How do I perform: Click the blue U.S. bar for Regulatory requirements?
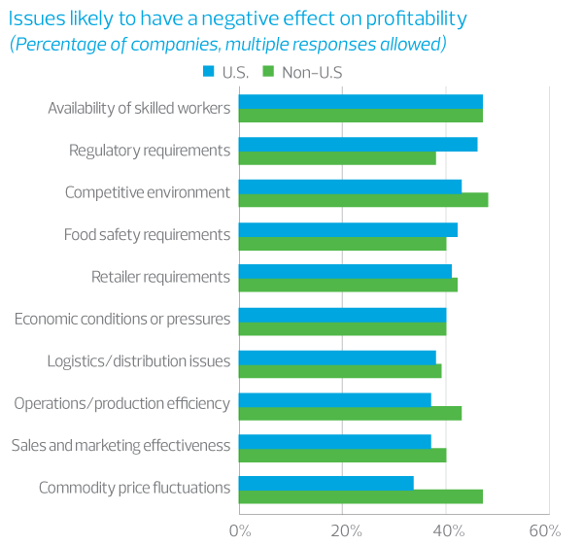(358, 144)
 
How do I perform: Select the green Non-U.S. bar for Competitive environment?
(363, 200)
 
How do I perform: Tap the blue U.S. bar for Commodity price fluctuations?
(326, 483)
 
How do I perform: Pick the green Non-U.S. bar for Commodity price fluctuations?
(360, 496)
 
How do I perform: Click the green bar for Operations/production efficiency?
(350, 412)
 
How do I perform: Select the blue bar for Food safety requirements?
(348, 229)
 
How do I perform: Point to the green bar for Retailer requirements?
(348, 285)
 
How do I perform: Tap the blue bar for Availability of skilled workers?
(360, 102)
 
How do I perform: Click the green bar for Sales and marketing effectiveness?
(342, 455)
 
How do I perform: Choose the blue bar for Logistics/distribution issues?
(337, 357)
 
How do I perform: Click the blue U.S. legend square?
(208, 71)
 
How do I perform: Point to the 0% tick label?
(239, 530)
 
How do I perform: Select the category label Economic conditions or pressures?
(122, 319)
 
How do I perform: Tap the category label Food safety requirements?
(147, 234)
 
